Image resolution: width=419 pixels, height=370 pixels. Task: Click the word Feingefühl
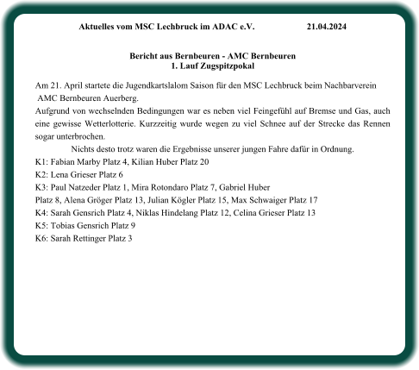point(240,112)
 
